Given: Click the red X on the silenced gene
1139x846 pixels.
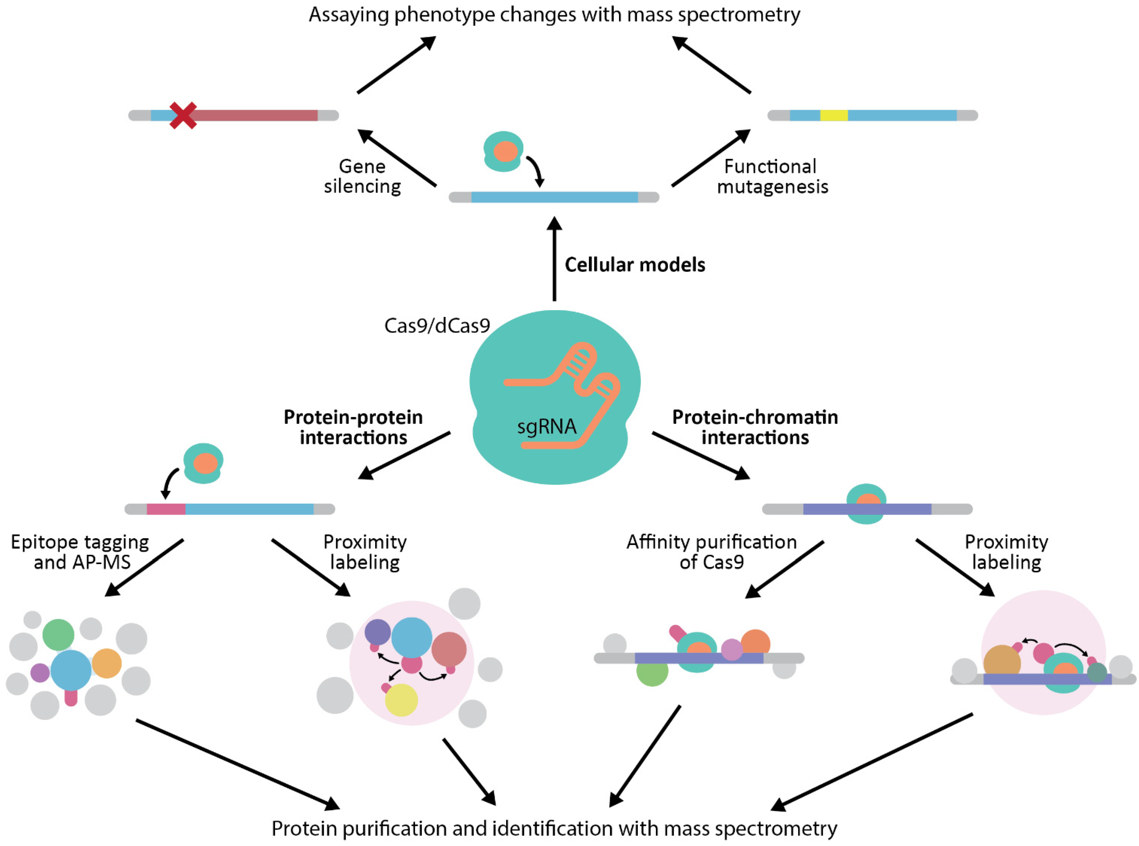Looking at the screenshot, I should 183,115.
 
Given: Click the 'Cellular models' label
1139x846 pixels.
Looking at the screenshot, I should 635,265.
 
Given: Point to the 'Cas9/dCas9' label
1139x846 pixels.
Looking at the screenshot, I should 437,326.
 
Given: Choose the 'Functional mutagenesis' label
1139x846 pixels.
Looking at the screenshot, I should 772,177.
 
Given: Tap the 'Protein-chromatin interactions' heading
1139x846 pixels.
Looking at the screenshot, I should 755,427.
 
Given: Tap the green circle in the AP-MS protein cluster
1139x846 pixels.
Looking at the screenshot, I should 58,634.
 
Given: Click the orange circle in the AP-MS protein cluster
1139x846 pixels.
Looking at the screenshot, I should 106,663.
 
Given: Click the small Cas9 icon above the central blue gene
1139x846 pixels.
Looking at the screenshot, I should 503,151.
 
